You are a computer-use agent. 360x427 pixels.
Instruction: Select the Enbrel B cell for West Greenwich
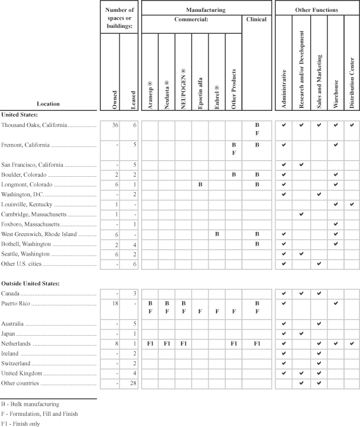click(217, 235)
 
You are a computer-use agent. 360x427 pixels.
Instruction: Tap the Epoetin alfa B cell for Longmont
click(200, 185)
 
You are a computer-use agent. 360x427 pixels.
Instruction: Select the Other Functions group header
click(317, 10)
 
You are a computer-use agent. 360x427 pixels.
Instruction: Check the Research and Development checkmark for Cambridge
click(302, 214)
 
